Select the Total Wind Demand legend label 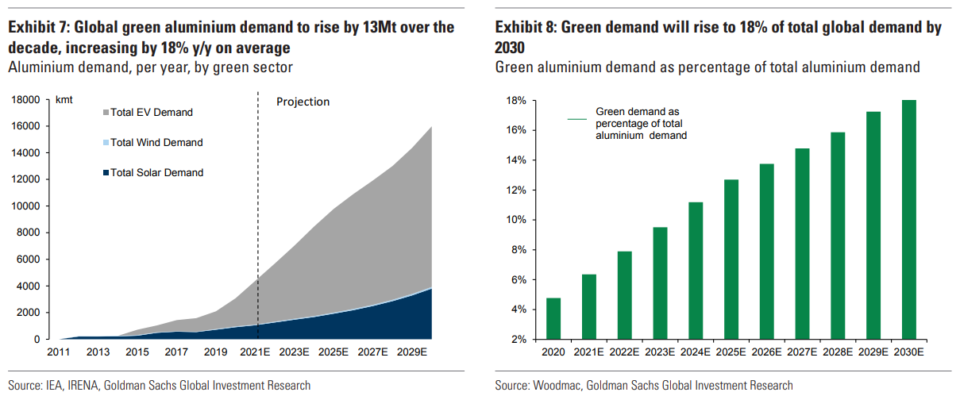click(156, 143)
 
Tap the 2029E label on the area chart click(413, 352)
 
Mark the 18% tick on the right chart click(517, 101)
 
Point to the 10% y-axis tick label click(517, 220)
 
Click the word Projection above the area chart click(303, 102)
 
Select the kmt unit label click(64, 100)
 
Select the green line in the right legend click(577, 119)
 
